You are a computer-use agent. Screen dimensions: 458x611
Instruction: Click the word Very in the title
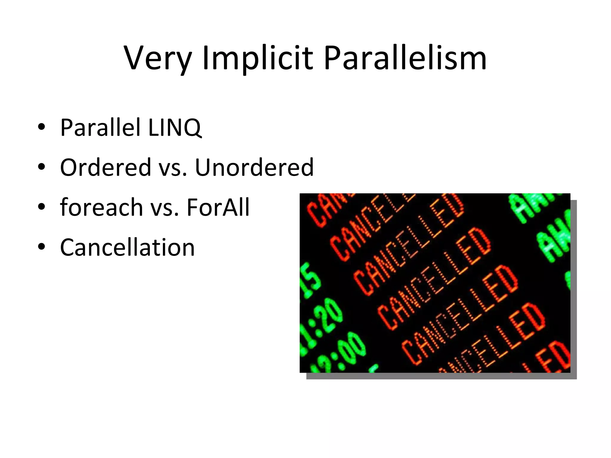(157, 58)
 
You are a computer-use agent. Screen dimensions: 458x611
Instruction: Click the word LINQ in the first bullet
(175, 128)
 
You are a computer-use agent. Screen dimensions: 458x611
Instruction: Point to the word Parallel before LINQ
(100, 128)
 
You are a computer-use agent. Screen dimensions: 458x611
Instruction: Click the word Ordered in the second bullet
(106, 167)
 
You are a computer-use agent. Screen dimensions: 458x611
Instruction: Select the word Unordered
(254, 167)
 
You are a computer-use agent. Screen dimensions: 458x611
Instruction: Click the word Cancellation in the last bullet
(127, 247)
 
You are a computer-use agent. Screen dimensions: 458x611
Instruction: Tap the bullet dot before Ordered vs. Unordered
(41, 168)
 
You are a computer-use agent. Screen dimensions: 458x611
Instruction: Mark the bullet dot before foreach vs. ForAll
(41, 208)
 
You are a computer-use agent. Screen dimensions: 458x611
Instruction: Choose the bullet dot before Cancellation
(41, 247)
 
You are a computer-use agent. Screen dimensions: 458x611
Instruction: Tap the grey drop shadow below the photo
(442, 376)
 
